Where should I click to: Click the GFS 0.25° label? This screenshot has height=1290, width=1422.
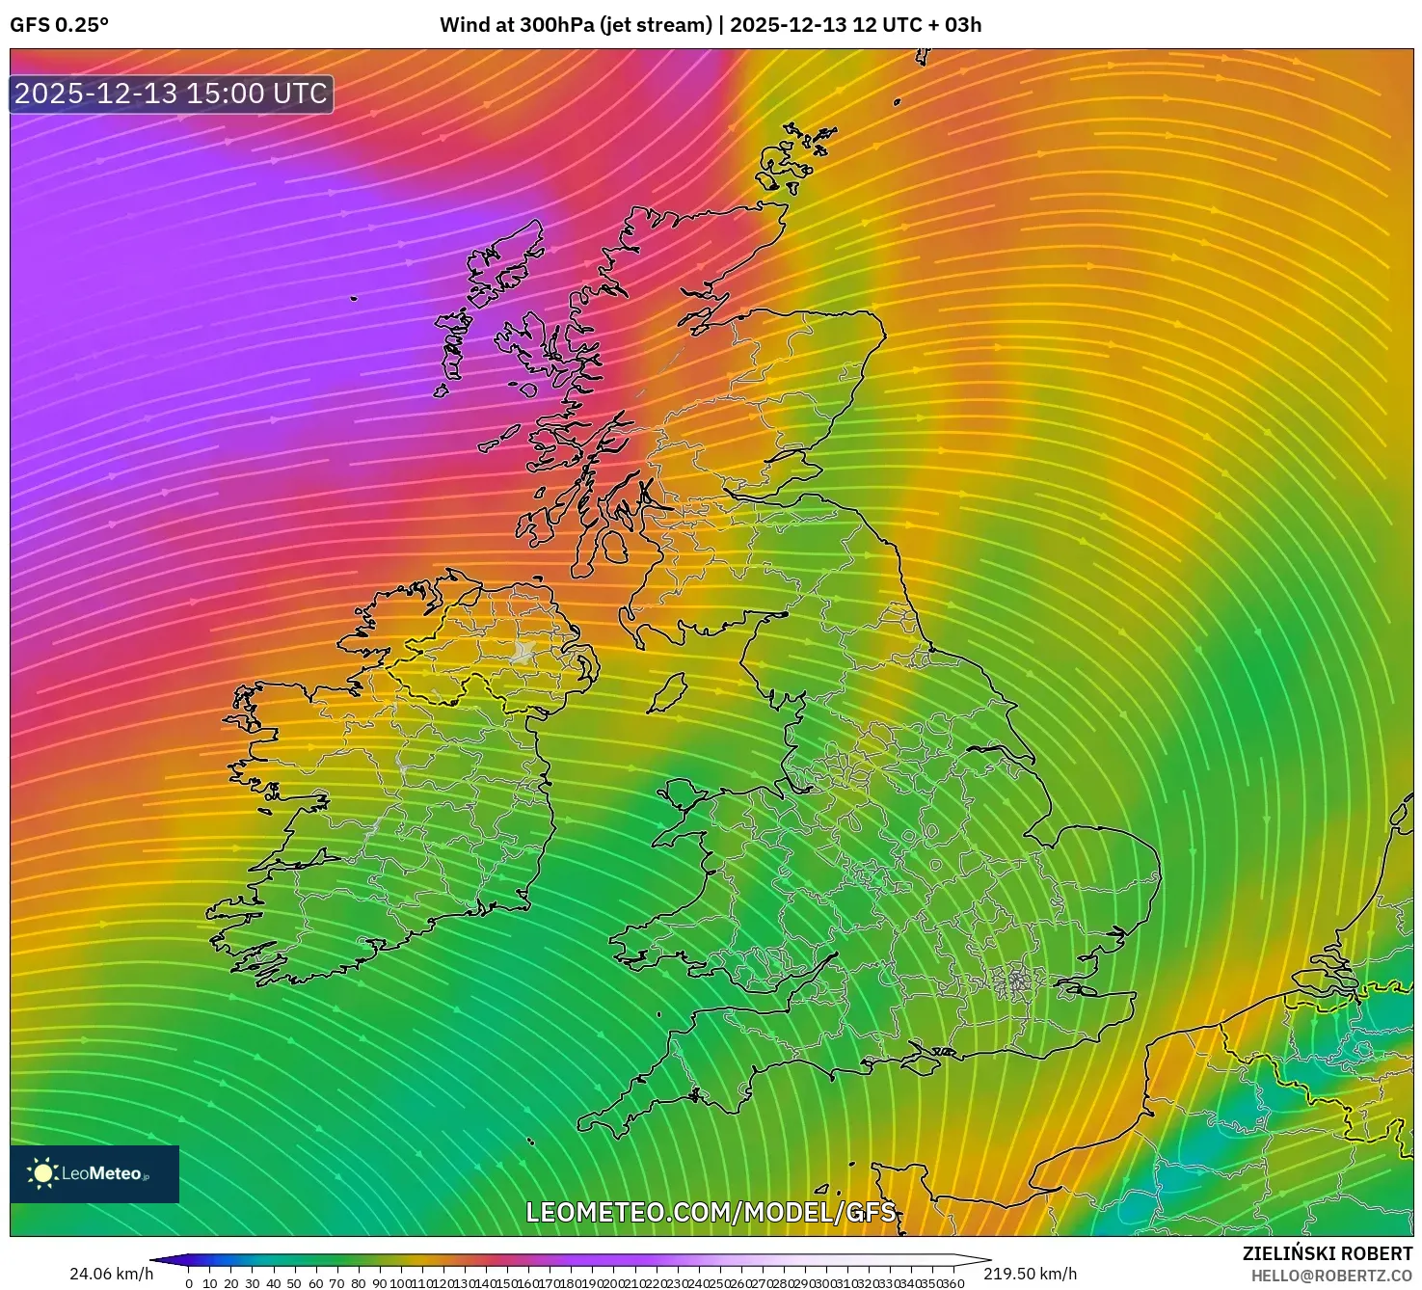coord(59,25)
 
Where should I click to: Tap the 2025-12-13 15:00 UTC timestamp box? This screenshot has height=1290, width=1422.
coord(172,94)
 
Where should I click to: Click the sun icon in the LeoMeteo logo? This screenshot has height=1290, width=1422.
coord(42,1173)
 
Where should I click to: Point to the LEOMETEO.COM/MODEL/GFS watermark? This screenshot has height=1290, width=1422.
coord(711,1212)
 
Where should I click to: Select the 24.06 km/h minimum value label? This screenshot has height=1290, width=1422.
coord(111,1274)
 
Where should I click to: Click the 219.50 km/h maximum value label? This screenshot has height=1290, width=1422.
coord(1030,1274)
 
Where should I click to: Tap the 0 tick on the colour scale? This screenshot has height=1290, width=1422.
coord(189,1283)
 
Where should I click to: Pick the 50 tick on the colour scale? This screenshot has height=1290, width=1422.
coord(294,1283)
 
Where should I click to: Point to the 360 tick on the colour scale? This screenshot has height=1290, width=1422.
coord(952,1283)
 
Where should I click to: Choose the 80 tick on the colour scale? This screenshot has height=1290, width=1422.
coord(358,1283)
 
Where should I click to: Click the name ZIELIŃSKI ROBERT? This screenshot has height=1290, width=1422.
coord(1327,1253)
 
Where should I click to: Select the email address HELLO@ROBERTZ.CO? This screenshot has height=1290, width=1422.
coord(1331,1276)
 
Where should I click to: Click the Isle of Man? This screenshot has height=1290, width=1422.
coord(667,693)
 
